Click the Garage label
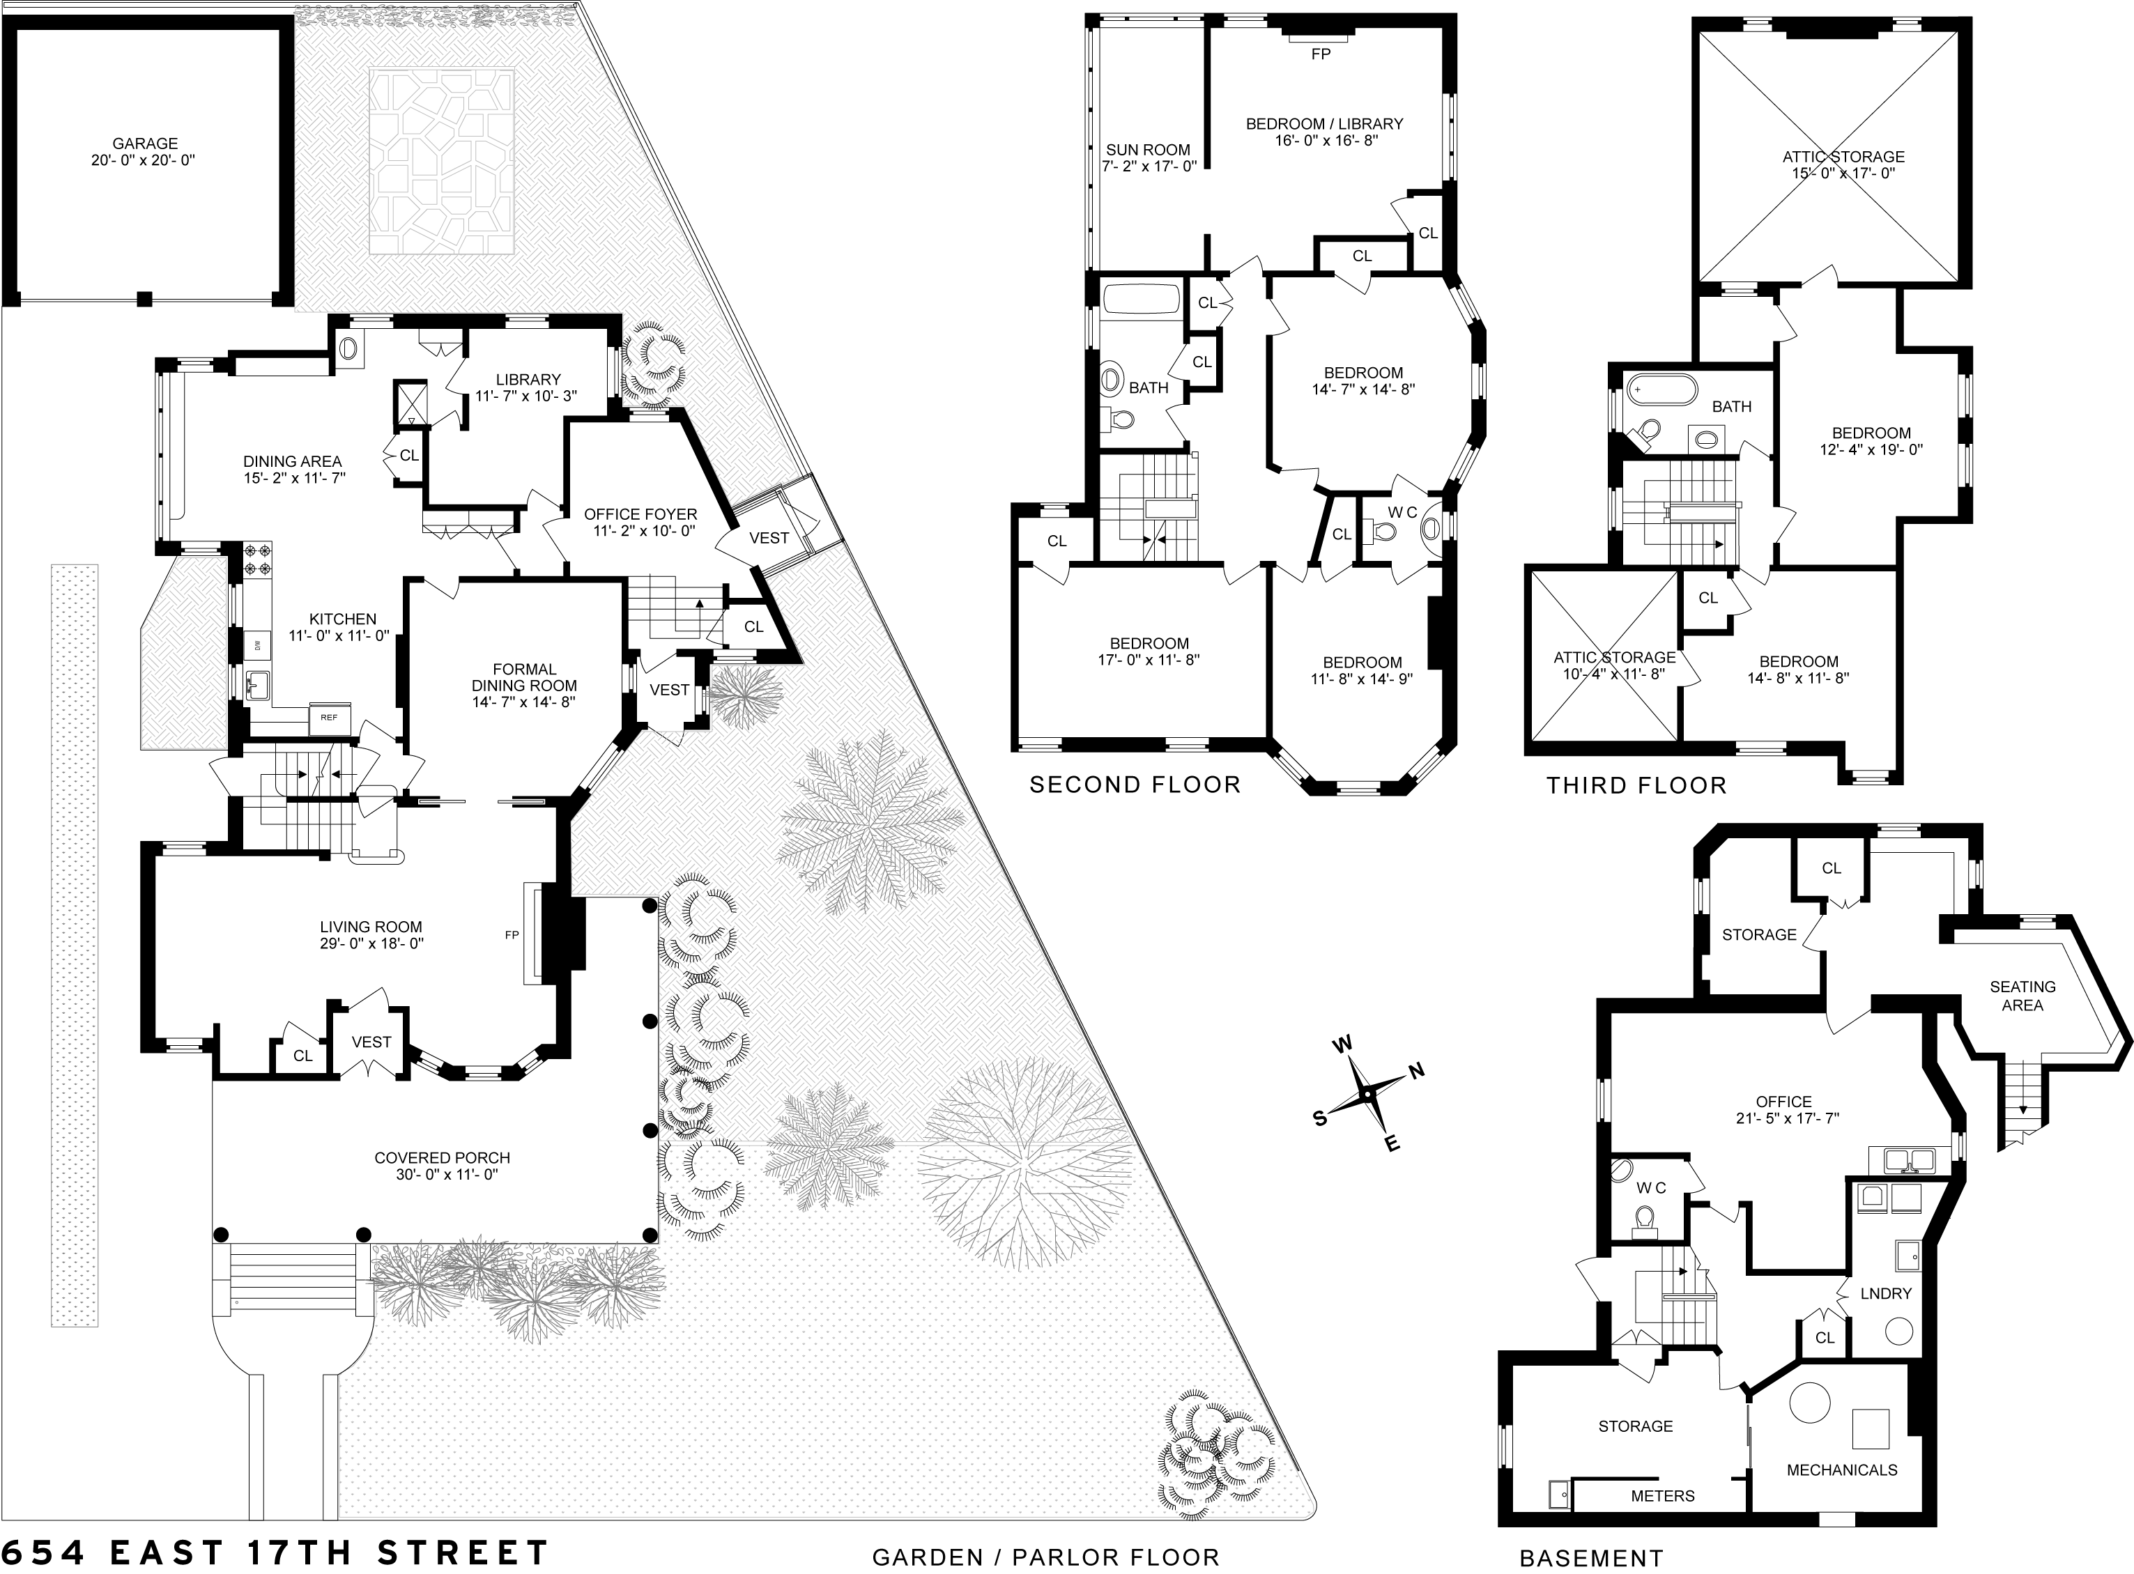145,144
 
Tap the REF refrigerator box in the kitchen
329,718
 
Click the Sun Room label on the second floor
1148,150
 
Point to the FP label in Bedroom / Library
1320,54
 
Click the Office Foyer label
640,514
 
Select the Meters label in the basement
1662,1496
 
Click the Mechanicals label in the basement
1841,1470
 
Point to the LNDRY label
1886,1293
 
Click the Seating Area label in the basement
2022,996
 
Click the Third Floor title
1636,785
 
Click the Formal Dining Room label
524,677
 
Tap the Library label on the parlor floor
528,379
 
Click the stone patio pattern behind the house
443,160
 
